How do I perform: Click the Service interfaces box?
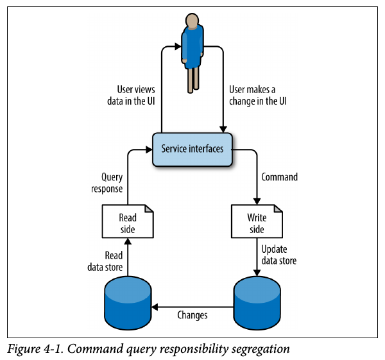[x=192, y=149]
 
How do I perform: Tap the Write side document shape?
[x=257, y=222]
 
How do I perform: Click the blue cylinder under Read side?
[x=128, y=300]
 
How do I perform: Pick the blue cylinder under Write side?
[x=257, y=300]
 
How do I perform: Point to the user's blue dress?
[x=192, y=46]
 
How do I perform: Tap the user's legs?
[x=192, y=80]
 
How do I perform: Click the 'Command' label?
[x=280, y=177]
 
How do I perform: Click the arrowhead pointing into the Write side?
[x=257, y=201]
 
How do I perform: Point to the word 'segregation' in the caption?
[x=260, y=350]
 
